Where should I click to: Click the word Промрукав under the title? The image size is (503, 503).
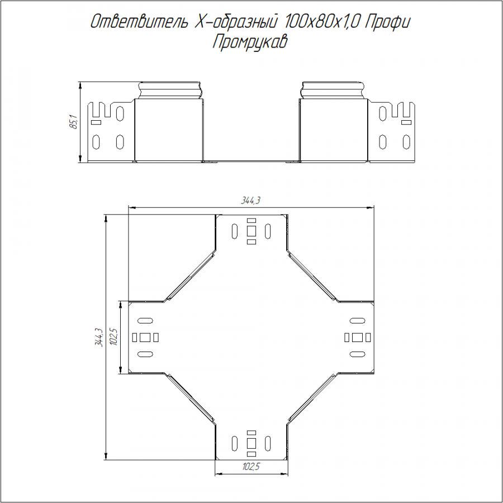(x=250, y=42)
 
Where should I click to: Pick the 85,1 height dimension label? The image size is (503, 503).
(x=73, y=122)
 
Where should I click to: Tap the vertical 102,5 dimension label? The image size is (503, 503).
(x=113, y=336)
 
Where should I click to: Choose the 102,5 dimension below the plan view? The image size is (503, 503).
(x=251, y=467)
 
